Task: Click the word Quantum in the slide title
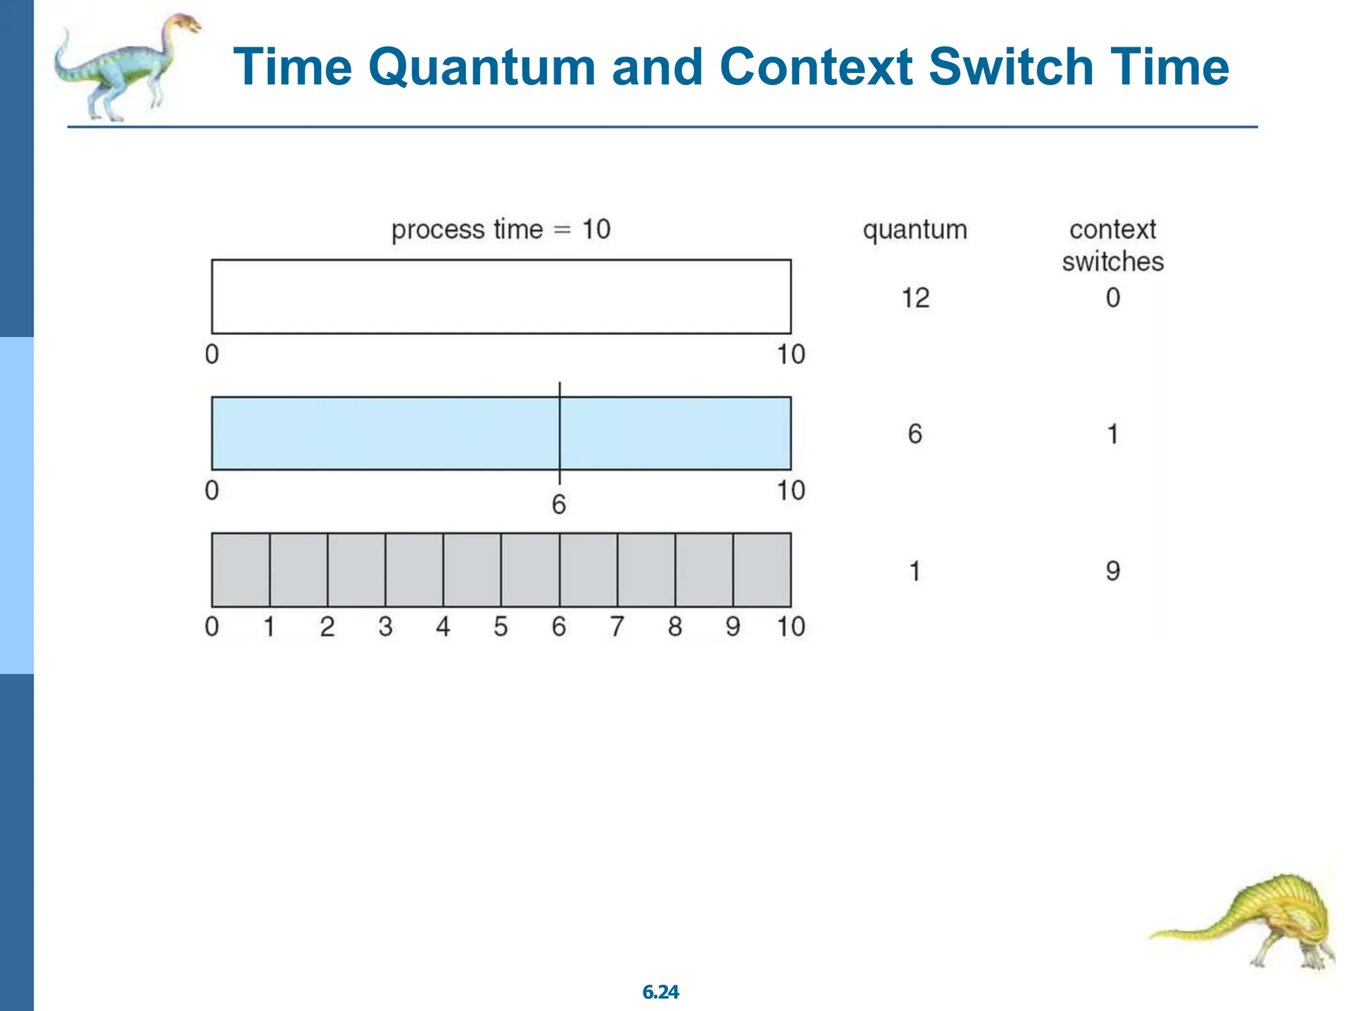(480, 67)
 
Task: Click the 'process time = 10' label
(501, 230)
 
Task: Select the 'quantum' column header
(915, 230)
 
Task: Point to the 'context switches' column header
(1112, 246)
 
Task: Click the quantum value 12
(915, 298)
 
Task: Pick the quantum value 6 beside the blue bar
(915, 434)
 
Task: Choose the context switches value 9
(1112, 571)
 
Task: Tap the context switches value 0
(1112, 298)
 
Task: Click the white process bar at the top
(501, 297)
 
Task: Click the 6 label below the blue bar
(559, 505)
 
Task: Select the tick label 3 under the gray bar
(386, 627)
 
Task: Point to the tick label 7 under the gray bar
(617, 627)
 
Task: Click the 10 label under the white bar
(791, 355)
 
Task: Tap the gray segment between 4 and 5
(472, 570)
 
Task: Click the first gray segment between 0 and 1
(240, 570)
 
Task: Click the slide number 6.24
(660, 992)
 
